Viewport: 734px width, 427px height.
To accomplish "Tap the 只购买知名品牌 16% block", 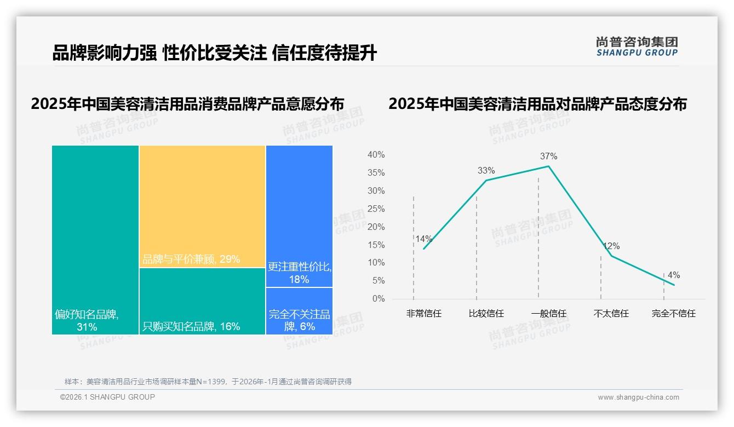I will tap(202, 301).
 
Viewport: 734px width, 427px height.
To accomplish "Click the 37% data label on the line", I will tap(548, 156).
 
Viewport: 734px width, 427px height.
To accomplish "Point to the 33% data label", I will tap(486, 170).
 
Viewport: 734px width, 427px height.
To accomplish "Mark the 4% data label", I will tap(674, 275).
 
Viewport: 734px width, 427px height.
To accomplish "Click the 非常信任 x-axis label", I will tap(423, 314).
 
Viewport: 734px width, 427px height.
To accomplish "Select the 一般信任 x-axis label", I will tap(548, 314).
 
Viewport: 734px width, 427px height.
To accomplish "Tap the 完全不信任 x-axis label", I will tap(673, 314).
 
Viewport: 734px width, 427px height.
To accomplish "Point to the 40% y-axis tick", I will tap(376, 155).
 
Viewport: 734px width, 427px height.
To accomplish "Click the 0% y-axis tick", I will tap(379, 299).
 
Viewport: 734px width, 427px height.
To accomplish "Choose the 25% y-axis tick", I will tap(376, 209).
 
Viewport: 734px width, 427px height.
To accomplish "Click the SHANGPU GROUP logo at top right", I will tap(636, 47).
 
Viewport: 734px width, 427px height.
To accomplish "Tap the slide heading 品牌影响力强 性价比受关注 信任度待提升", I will tap(214, 53).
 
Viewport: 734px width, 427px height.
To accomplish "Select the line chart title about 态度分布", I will tap(537, 103).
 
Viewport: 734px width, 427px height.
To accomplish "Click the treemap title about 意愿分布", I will tap(187, 103).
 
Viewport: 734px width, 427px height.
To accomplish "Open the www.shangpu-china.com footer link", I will tap(638, 397).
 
